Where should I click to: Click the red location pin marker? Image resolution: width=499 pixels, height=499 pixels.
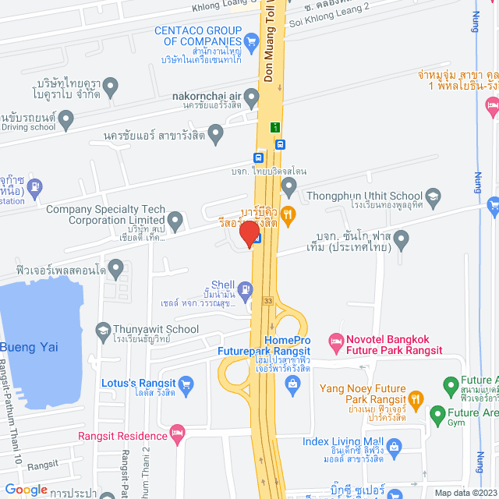click(x=249, y=234)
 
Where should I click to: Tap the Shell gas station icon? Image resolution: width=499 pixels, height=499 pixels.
click(x=246, y=291)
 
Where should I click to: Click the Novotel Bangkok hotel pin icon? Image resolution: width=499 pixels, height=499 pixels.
click(x=336, y=341)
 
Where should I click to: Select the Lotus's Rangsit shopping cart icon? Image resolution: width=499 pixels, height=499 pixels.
click(x=186, y=384)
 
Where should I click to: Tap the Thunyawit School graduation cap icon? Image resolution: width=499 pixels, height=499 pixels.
click(x=102, y=330)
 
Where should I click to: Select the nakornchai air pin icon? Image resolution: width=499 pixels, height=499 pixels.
click(x=251, y=98)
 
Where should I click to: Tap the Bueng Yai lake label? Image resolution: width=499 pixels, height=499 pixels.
click(x=29, y=347)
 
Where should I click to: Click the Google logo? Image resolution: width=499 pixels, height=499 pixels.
click(x=26, y=489)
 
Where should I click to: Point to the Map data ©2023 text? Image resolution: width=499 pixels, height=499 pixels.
click(x=465, y=492)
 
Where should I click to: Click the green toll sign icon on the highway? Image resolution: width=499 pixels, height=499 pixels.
click(x=274, y=127)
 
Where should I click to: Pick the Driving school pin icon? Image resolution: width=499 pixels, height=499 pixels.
click(x=66, y=119)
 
